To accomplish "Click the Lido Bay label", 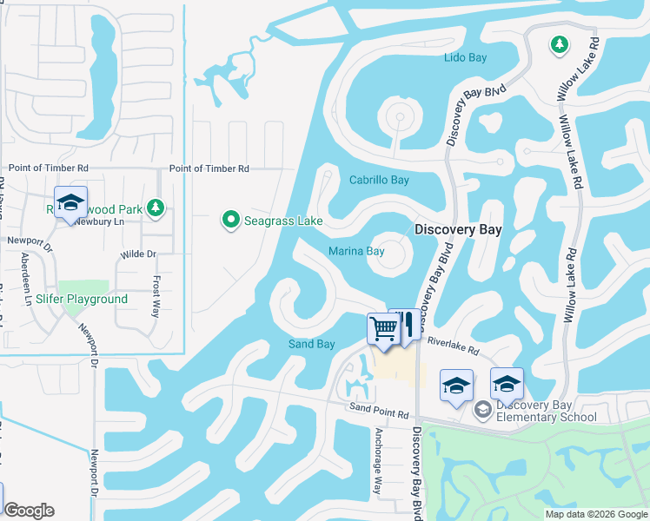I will [465, 58].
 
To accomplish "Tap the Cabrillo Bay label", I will [378, 181].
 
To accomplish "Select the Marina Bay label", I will [356, 252].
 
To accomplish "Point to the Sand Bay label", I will [311, 345].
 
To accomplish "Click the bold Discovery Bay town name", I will [458, 230].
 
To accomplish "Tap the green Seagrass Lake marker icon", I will [230, 221].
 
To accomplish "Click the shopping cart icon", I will [383, 328].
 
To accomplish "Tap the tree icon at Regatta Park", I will [156, 207].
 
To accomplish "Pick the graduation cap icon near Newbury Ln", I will [70, 202].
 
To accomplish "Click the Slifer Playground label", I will [82, 300].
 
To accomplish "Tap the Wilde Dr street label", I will [138, 254].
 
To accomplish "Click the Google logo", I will [29, 511].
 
